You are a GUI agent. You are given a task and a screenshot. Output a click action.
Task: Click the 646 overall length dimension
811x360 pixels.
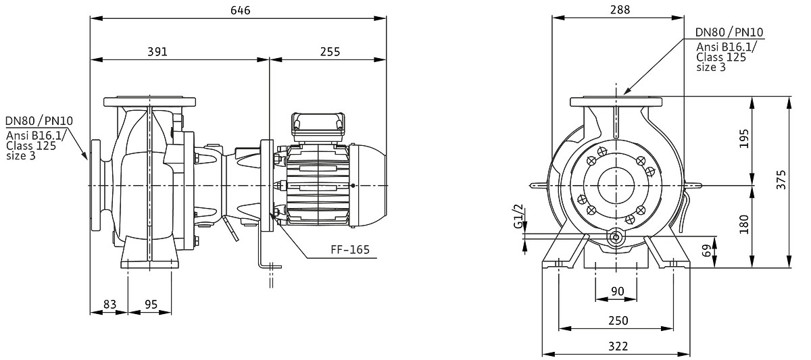pyautogui.click(x=238, y=10)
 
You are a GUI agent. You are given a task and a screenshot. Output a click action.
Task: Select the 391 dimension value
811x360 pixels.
pyautogui.click(x=157, y=52)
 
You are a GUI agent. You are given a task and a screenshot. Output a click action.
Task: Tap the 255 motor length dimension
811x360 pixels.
pyautogui.click(x=328, y=52)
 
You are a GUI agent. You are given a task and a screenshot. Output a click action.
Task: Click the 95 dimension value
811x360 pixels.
pyautogui.click(x=151, y=305)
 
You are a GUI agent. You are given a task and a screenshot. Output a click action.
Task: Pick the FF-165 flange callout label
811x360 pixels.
pyautogui.click(x=351, y=250)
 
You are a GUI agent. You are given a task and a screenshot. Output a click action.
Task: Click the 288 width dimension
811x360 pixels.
pyautogui.click(x=618, y=10)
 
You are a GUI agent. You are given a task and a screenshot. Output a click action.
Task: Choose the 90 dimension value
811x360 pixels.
pyautogui.click(x=617, y=291)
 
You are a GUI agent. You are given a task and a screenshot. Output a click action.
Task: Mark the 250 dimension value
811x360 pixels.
pyautogui.click(x=617, y=320)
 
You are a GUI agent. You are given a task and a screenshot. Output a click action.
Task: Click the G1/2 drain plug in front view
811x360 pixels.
pyautogui.click(x=616, y=238)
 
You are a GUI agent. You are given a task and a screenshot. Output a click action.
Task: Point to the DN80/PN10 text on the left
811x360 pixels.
pyautogui.click(x=39, y=122)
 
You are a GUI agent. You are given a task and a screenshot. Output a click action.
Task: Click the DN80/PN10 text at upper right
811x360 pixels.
pyautogui.click(x=730, y=33)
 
